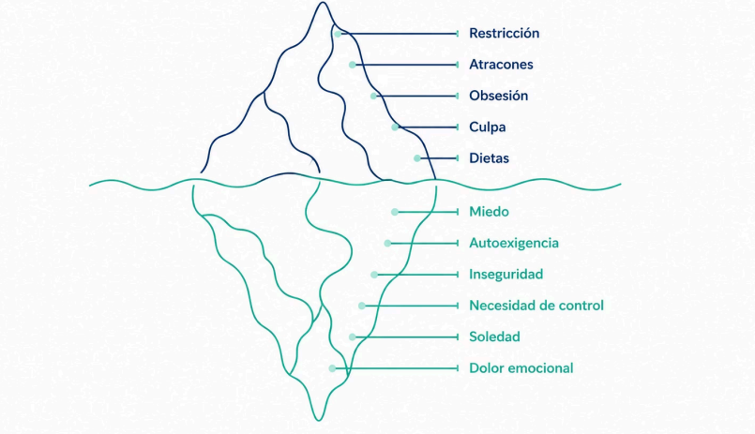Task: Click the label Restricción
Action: click(505, 33)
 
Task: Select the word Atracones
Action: click(501, 65)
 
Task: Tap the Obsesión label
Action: click(498, 96)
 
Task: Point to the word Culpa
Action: click(488, 127)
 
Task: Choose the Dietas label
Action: click(489, 158)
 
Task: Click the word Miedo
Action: click(489, 212)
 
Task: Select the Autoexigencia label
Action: click(514, 244)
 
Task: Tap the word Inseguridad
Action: click(506, 275)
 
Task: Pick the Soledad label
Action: click(494, 337)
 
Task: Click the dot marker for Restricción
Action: click(338, 34)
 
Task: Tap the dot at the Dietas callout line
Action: click(417, 158)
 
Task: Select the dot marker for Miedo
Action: click(395, 212)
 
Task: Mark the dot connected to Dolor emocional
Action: click(332, 368)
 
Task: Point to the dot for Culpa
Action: click(395, 127)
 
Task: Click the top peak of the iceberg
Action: click(323, 3)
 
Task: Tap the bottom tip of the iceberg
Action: click(319, 420)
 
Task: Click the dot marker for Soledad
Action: click(353, 337)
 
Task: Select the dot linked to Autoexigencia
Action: click(387, 244)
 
